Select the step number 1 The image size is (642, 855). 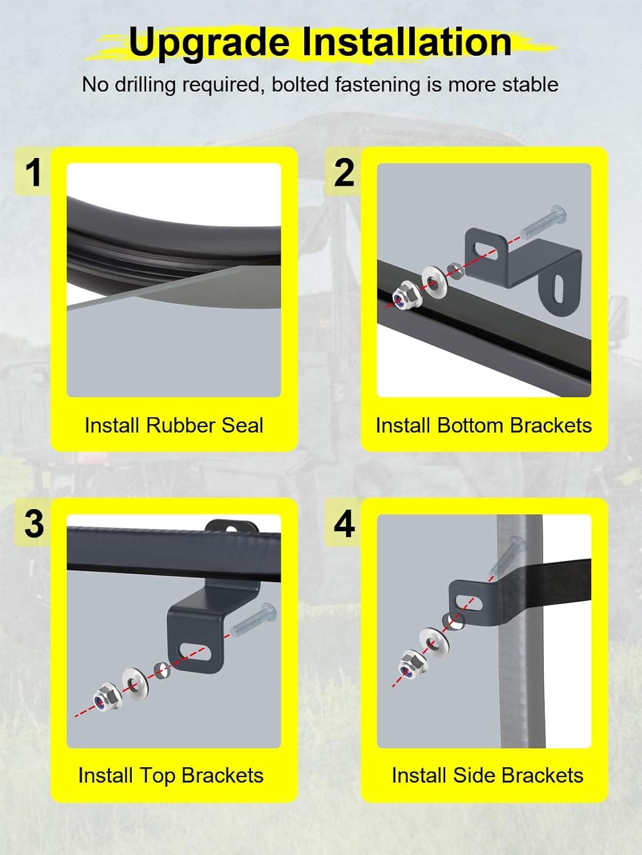tap(34, 172)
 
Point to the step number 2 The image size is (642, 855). tap(344, 172)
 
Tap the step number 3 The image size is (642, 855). tap(34, 524)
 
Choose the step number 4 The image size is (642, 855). tap(344, 524)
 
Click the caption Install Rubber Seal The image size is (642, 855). tap(174, 425)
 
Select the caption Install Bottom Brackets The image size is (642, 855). tap(484, 425)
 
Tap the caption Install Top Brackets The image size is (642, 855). tap(171, 776)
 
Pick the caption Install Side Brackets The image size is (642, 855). tap(487, 775)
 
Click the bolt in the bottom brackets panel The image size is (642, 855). tap(543, 222)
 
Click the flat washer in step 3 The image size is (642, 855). tap(135, 684)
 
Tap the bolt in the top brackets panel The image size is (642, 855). tap(253, 620)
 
